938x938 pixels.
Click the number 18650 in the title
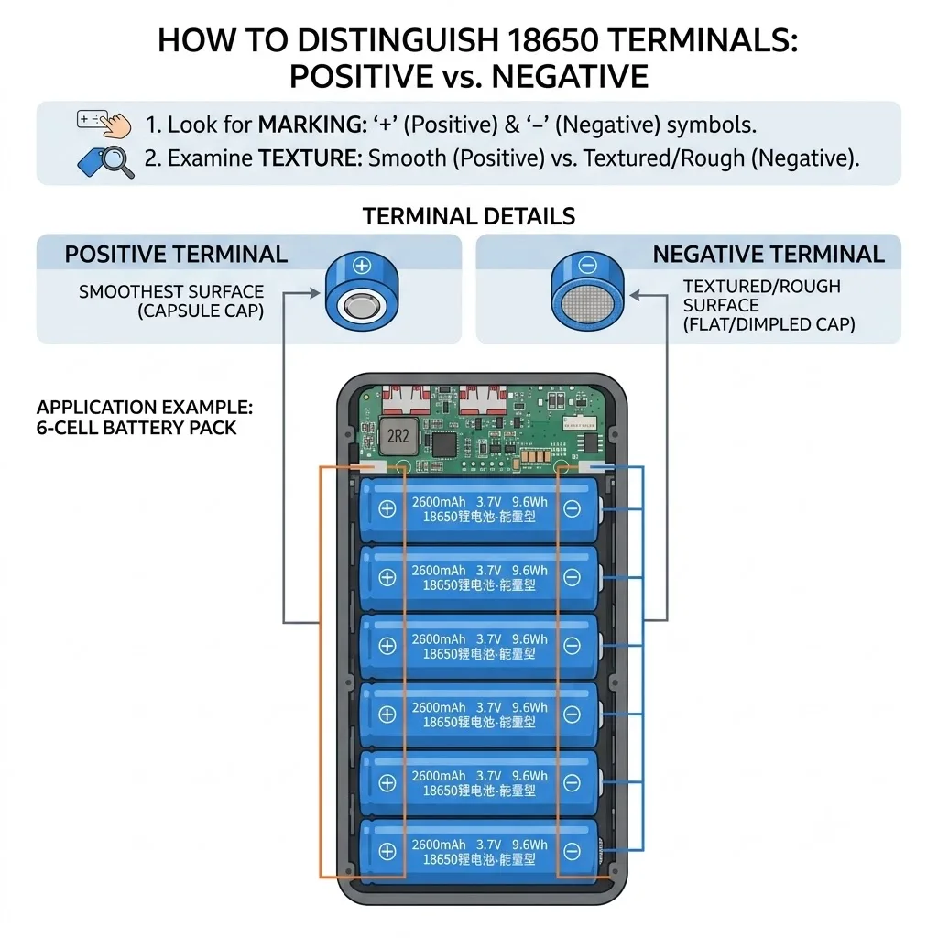pyautogui.click(x=552, y=40)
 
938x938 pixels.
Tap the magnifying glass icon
pyautogui.click(x=115, y=161)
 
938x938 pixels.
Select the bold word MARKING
pyautogui.click(x=312, y=125)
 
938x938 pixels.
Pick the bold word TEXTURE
pyautogui.click(x=311, y=158)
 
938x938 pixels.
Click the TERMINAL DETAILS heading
pyautogui.click(x=469, y=216)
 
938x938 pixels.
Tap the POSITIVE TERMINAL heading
pyautogui.click(x=176, y=255)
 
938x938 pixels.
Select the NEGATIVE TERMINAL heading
pyautogui.click(x=769, y=255)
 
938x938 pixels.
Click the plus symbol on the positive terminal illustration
pyautogui.click(x=362, y=265)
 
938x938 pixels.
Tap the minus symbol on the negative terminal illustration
pyautogui.click(x=587, y=265)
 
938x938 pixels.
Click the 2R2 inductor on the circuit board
pyautogui.click(x=397, y=435)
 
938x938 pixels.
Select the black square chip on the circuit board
pyautogui.click(x=443, y=444)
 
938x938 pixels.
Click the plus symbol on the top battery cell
pyautogui.click(x=387, y=508)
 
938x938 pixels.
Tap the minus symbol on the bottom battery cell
pyautogui.click(x=572, y=851)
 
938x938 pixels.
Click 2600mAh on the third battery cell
pyautogui.click(x=439, y=638)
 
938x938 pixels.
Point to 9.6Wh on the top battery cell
pyautogui.click(x=529, y=502)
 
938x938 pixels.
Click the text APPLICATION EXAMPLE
pyautogui.click(x=145, y=408)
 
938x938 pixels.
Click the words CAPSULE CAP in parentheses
pyautogui.click(x=201, y=311)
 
